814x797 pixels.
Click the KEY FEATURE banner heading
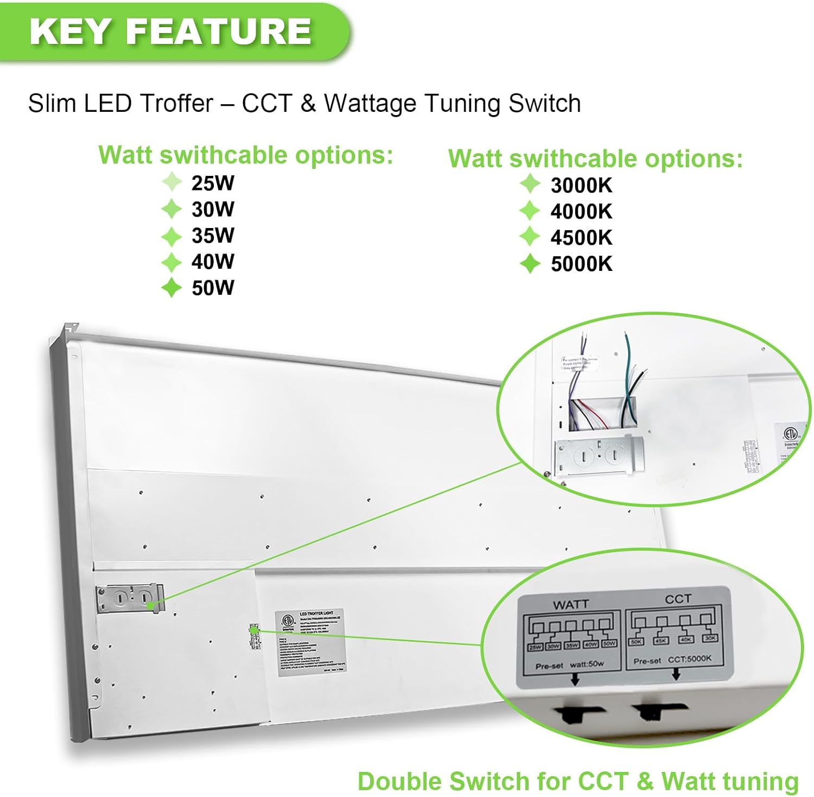[170, 31]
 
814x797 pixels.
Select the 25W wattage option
[212, 184]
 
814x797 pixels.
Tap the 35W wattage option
[212, 236]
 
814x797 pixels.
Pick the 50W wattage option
[212, 288]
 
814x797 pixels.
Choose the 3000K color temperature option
[581, 186]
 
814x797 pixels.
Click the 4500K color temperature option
[581, 238]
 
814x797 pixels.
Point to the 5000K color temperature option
[581, 264]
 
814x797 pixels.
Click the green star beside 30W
[171, 210]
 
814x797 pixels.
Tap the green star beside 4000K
[530, 211]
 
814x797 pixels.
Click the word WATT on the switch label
[570, 604]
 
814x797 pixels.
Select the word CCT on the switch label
[678, 599]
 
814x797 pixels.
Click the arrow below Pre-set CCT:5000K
[676, 674]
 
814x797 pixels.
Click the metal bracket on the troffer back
[130, 598]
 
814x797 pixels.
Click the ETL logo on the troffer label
[287, 621]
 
